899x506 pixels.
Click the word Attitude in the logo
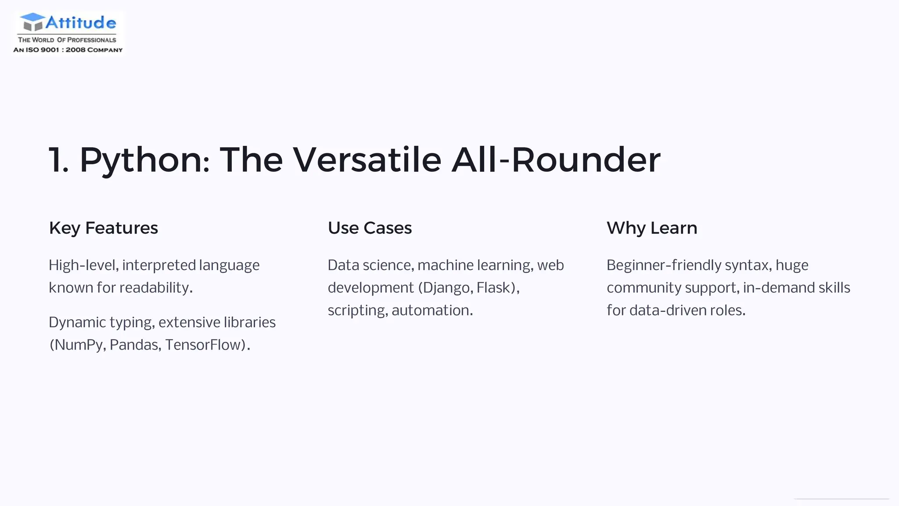pos(81,22)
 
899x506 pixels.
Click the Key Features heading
pos(103,228)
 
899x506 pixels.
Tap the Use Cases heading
pos(370,228)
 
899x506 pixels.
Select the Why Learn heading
pos(652,228)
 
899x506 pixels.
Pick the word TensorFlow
pos(205,345)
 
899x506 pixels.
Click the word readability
pos(155,288)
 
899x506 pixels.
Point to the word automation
pos(431,311)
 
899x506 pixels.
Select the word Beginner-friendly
pos(664,265)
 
